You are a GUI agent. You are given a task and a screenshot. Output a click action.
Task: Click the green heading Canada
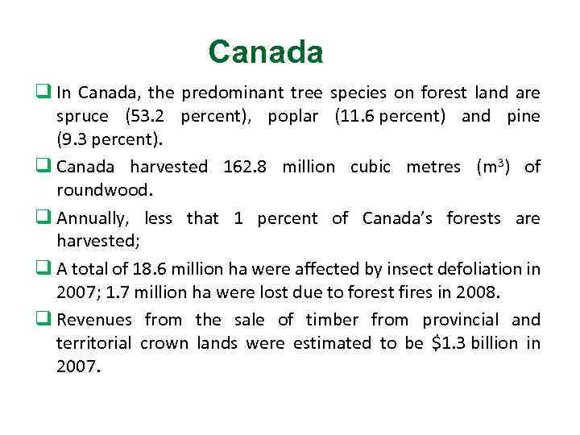(266, 52)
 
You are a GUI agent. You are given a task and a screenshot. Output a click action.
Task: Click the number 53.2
(153, 116)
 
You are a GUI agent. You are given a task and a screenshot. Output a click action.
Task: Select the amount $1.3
(447, 343)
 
